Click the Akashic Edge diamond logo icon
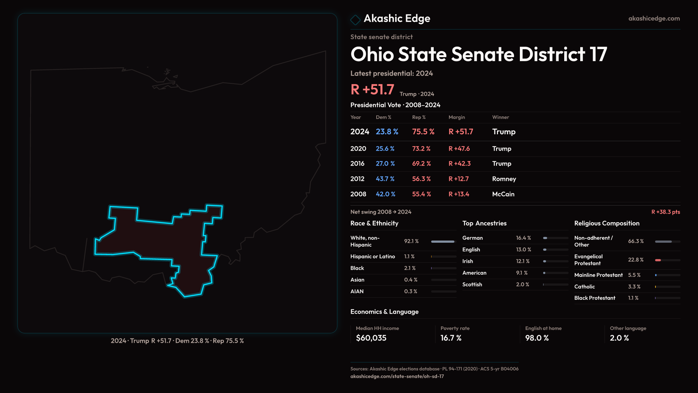click(x=355, y=20)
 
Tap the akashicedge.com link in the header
click(x=654, y=19)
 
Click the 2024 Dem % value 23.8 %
click(x=387, y=132)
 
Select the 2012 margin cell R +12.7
click(x=458, y=179)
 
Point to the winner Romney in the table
click(x=504, y=179)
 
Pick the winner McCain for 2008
click(x=503, y=194)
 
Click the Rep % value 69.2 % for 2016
click(x=421, y=164)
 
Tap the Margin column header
click(x=457, y=117)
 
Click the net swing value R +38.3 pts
click(x=665, y=212)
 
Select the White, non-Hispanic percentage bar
click(x=443, y=242)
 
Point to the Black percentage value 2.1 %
click(x=410, y=268)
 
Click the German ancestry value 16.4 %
click(x=523, y=238)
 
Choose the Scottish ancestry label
click(x=472, y=285)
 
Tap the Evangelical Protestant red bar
click(x=658, y=260)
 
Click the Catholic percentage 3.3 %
click(x=634, y=287)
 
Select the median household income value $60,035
click(x=371, y=338)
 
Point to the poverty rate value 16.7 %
click(x=451, y=338)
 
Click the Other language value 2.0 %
click(x=619, y=338)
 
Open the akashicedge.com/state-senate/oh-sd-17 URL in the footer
click(x=397, y=377)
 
